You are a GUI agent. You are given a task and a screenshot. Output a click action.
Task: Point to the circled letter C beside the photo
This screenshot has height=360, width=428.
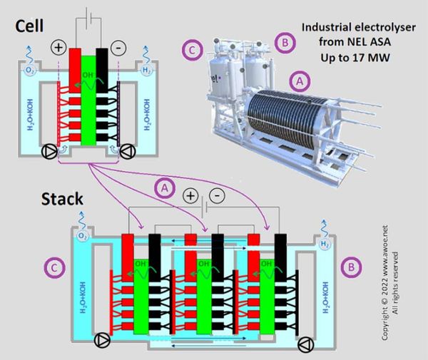[x=190, y=51]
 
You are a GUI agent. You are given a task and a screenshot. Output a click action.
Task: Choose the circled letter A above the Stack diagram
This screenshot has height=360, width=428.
[x=165, y=187]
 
